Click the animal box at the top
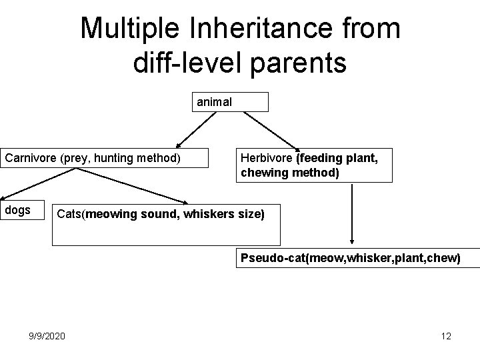pyautogui.click(x=231, y=102)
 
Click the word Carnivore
pyautogui.click(x=32, y=158)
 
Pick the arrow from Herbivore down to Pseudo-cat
pyautogui.click(x=352, y=213)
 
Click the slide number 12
pyautogui.click(x=446, y=335)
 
